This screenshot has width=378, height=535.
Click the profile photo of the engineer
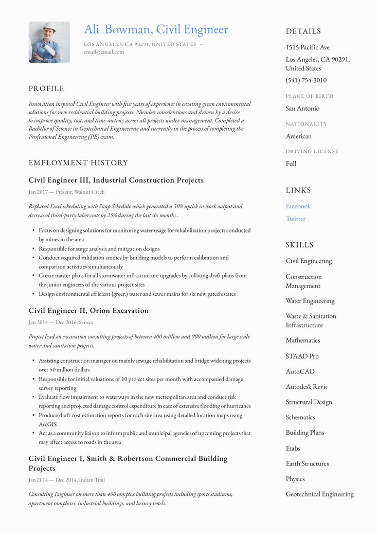coord(49,42)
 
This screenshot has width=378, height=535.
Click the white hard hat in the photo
coord(49,27)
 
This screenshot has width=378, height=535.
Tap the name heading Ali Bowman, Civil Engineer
coord(156,29)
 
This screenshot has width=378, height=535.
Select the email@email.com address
coord(104,52)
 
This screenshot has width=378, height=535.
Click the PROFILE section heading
coord(46,88)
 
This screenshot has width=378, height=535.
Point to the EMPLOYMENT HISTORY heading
coord(78,163)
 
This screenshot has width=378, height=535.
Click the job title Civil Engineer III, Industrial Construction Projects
coord(116,180)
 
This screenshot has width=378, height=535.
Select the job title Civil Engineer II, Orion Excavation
coord(88,311)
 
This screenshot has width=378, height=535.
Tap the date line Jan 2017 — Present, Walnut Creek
coord(66,192)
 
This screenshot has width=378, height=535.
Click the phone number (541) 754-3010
coord(306,80)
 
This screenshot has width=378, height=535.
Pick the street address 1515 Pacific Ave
coord(308,47)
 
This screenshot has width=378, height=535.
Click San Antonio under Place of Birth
coord(302,109)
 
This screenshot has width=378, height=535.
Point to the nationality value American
coord(299,136)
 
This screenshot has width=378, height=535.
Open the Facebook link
coord(298,206)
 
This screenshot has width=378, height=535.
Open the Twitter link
coord(296,219)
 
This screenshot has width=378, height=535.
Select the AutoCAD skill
coord(300,371)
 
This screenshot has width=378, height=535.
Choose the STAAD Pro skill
coord(302,356)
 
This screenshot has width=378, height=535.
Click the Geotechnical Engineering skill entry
coord(320,494)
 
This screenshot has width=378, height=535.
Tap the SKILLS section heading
coord(299,245)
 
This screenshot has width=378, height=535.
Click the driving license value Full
coord(291,164)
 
